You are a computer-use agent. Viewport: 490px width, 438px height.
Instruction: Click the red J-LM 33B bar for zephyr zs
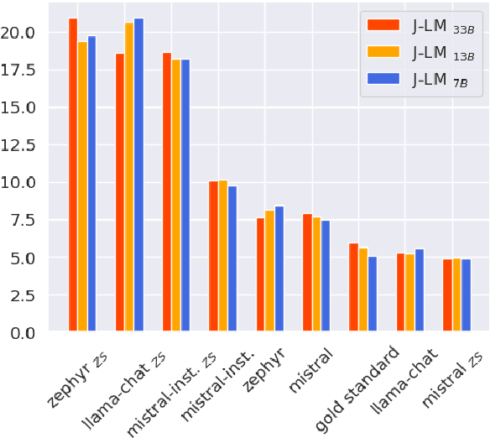(73, 176)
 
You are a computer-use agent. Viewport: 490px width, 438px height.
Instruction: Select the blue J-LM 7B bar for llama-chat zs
(138, 176)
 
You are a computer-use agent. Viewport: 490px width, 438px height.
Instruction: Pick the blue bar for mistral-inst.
(232, 259)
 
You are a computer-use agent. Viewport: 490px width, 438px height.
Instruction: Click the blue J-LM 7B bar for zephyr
(279, 269)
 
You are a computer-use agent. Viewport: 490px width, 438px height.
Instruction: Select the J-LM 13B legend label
(442, 53)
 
